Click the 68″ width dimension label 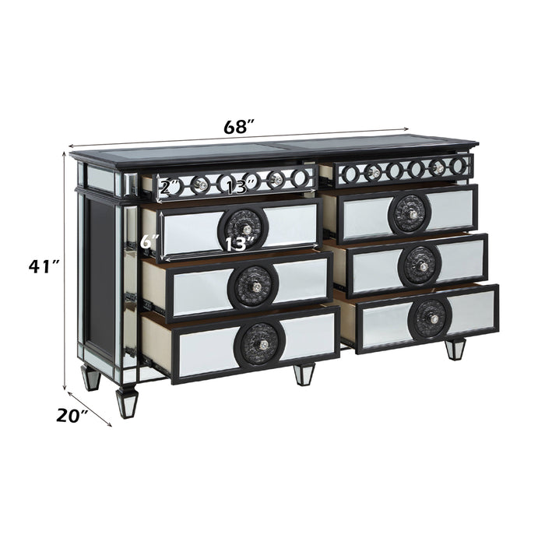click(240, 125)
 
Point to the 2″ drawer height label click(171, 188)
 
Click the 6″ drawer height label click(150, 242)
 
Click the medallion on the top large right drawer click(410, 213)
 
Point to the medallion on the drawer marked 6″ click(244, 227)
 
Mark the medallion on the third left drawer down click(253, 286)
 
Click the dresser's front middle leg click(304, 373)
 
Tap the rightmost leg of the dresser click(455, 347)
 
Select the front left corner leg click(126, 402)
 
